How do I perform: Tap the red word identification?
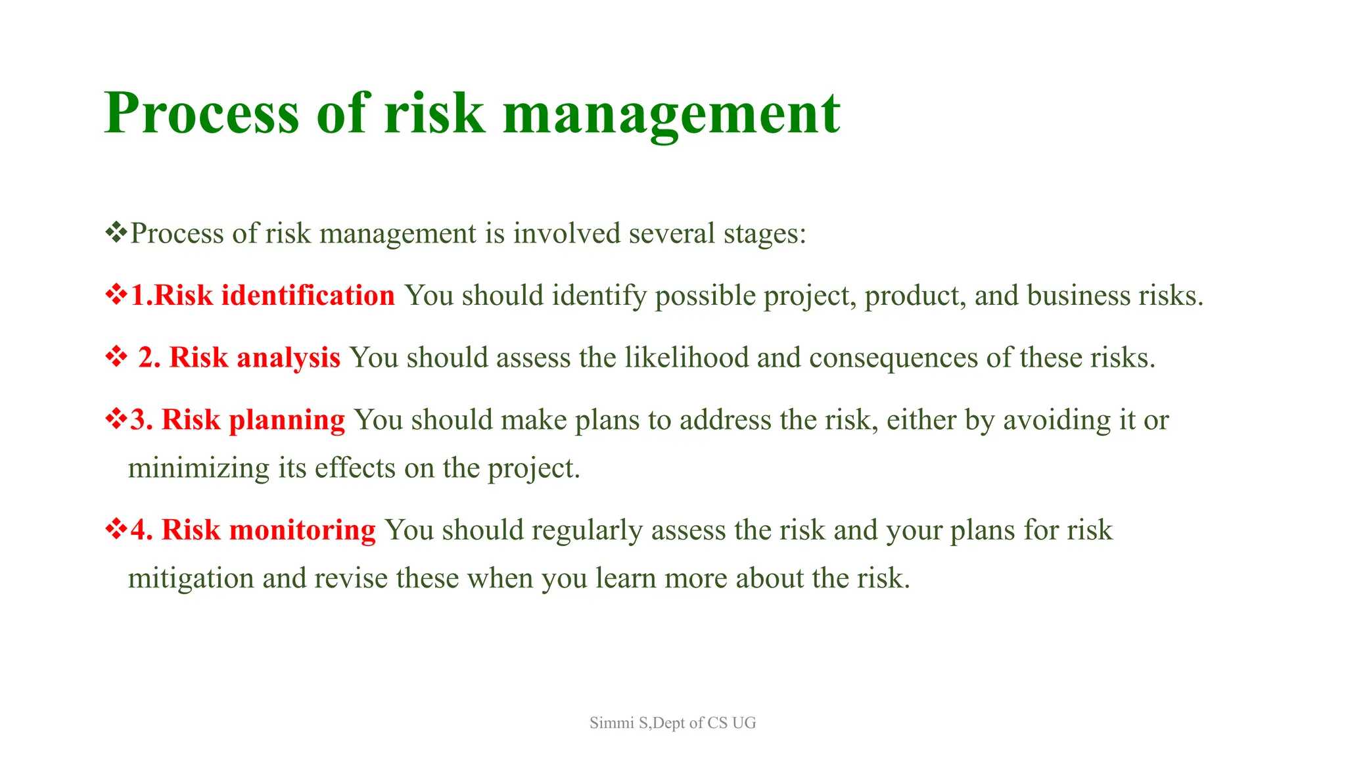tap(308, 296)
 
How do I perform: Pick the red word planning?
tap(287, 421)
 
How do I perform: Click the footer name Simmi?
tap(611, 723)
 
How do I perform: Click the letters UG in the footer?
tap(744, 723)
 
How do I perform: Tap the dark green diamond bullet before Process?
tap(116, 233)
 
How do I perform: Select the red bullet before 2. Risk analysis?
tap(116, 357)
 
